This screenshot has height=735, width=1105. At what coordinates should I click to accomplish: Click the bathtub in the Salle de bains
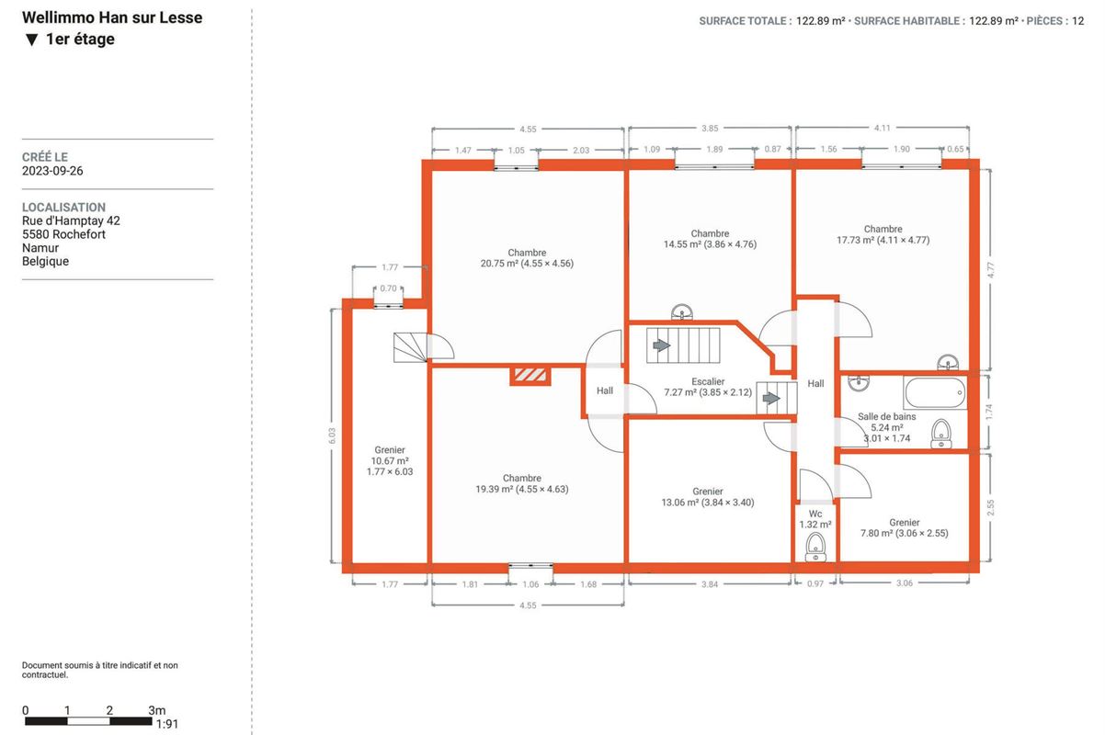(935, 392)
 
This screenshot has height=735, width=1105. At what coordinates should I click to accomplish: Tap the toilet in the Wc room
(815, 548)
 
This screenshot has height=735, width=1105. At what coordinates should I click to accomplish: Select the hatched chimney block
(530, 376)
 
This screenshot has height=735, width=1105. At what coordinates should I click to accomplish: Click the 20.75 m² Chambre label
(527, 258)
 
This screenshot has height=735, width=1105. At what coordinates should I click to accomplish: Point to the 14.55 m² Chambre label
(710, 239)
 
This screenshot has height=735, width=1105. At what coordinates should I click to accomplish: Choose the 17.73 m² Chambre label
(883, 234)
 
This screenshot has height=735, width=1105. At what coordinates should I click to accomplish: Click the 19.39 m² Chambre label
(522, 483)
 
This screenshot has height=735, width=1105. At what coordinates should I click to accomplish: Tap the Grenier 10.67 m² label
(390, 460)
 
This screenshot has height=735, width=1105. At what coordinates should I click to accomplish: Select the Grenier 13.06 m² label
(708, 497)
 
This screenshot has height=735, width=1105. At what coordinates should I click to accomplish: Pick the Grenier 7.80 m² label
(905, 527)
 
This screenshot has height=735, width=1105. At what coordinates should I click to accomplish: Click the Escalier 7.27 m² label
(708, 387)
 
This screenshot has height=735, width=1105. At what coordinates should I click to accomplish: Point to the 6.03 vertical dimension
(332, 435)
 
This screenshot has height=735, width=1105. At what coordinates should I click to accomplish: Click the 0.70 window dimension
(388, 288)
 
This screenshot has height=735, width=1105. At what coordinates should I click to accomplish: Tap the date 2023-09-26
(52, 171)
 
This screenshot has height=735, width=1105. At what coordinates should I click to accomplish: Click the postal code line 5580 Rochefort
(63, 234)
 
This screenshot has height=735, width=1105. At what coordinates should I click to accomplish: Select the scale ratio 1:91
(167, 724)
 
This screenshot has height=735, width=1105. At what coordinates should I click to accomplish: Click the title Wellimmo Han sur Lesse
(112, 17)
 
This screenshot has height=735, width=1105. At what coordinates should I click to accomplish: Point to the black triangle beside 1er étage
(31, 40)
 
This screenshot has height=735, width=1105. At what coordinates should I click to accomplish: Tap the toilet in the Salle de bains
(941, 434)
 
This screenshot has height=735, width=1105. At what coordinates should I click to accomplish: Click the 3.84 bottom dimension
(710, 584)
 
